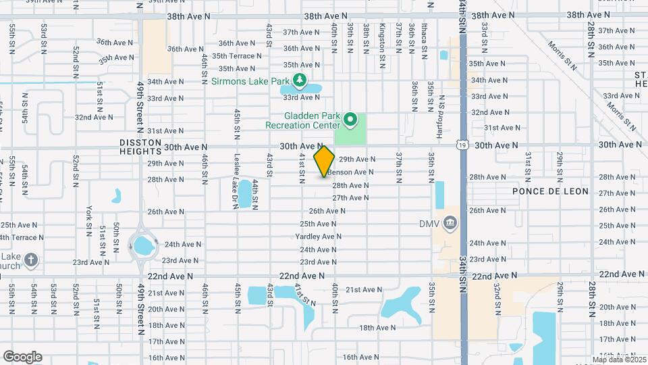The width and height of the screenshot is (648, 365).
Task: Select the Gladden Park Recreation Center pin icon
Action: coord(350,120)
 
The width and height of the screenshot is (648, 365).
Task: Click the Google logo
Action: coord(22,356)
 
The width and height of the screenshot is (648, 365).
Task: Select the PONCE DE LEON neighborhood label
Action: coord(550,191)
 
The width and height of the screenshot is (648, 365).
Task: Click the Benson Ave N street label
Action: coord(350,172)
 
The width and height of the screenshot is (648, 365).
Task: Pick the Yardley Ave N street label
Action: coord(318,237)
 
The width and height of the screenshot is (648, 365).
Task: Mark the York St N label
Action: coord(89,222)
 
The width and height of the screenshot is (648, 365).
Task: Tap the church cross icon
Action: coord(30,259)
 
